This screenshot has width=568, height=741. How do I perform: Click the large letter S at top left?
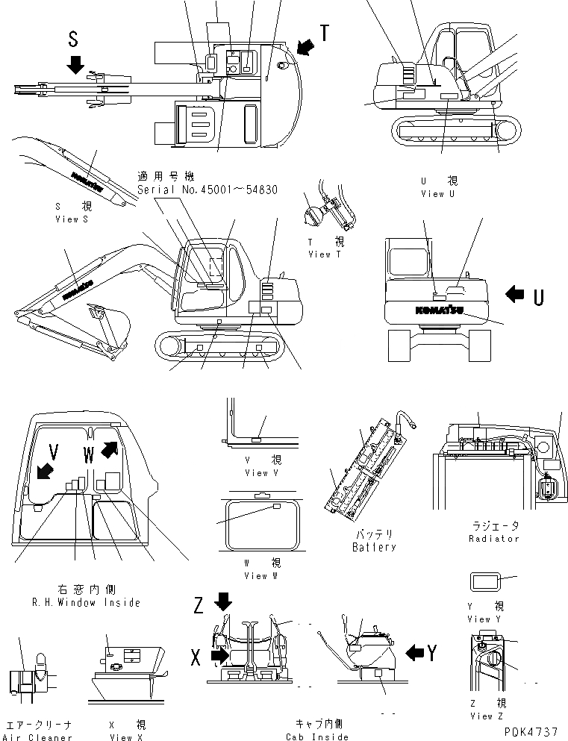pyautogui.click(x=72, y=38)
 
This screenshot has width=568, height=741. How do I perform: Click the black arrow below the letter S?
pyautogui.click(x=75, y=65)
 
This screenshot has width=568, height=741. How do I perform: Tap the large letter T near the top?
pyautogui.click(x=325, y=33)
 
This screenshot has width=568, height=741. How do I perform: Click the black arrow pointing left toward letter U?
pyautogui.click(x=514, y=295)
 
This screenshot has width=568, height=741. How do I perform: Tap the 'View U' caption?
pyautogui.click(x=437, y=193)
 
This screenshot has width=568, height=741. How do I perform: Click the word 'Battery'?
pyautogui.click(x=373, y=547)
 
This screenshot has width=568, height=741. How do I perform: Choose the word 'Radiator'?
pyautogui.click(x=493, y=538)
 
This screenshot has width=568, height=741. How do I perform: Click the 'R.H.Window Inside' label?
pyautogui.click(x=75, y=602)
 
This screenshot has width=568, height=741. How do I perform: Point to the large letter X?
pyautogui.click(x=196, y=657)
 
